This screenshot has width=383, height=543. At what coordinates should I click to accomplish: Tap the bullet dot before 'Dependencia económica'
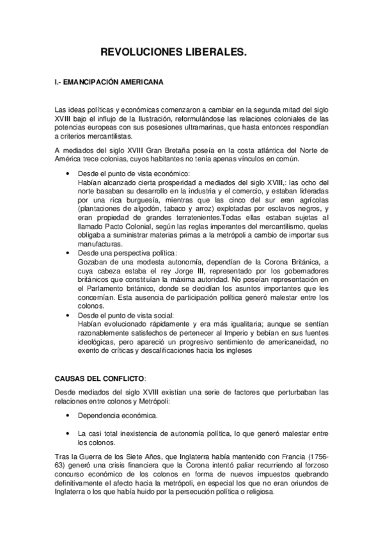pos(69,416)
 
